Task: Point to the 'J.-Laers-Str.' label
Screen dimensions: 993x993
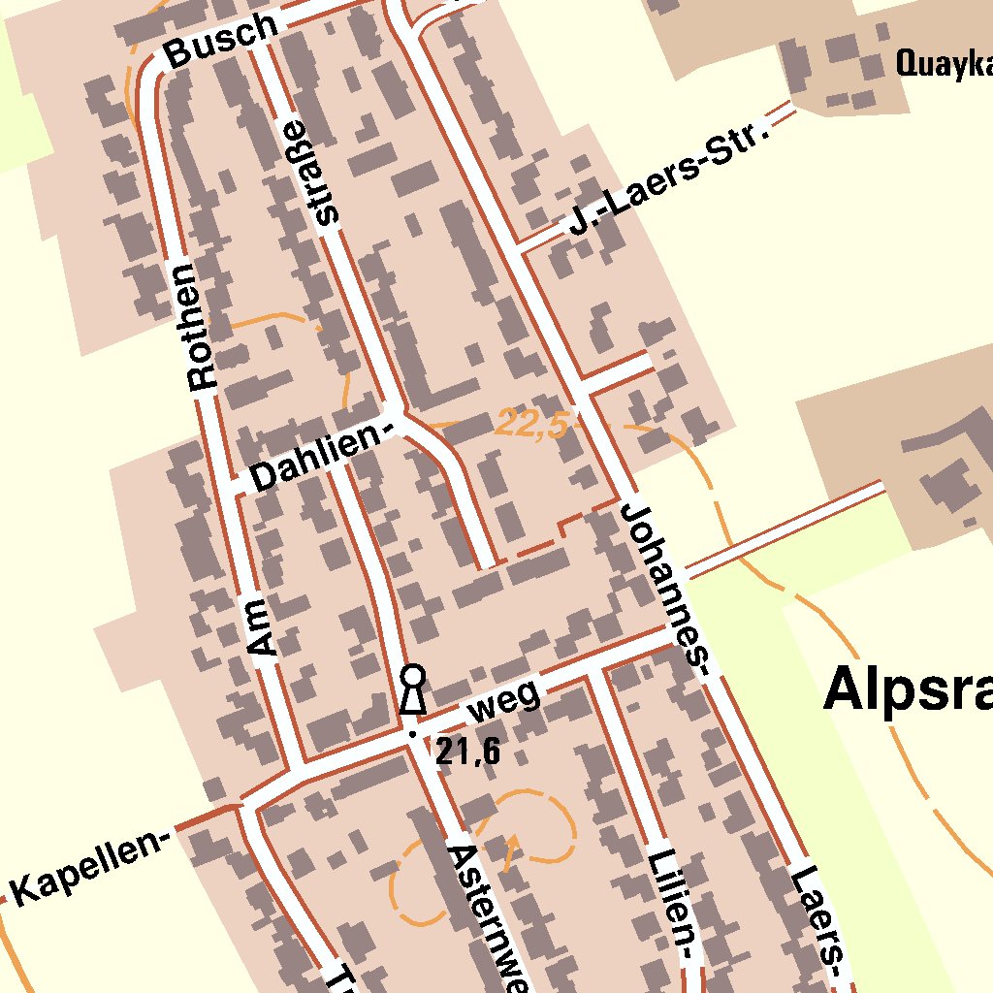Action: tap(669, 180)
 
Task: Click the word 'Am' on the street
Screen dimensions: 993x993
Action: tap(261, 627)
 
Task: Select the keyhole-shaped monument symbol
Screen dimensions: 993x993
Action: tap(413, 689)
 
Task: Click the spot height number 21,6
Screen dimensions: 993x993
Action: tap(467, 750)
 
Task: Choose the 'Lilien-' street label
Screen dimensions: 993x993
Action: tap(672, 906)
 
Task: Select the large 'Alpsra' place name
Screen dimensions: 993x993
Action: tap(907, 691)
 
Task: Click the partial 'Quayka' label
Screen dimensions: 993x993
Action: tap(943, 65)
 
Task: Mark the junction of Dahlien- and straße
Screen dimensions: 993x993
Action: tap(395, 412)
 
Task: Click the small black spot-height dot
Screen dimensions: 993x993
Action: tap(411, 734)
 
